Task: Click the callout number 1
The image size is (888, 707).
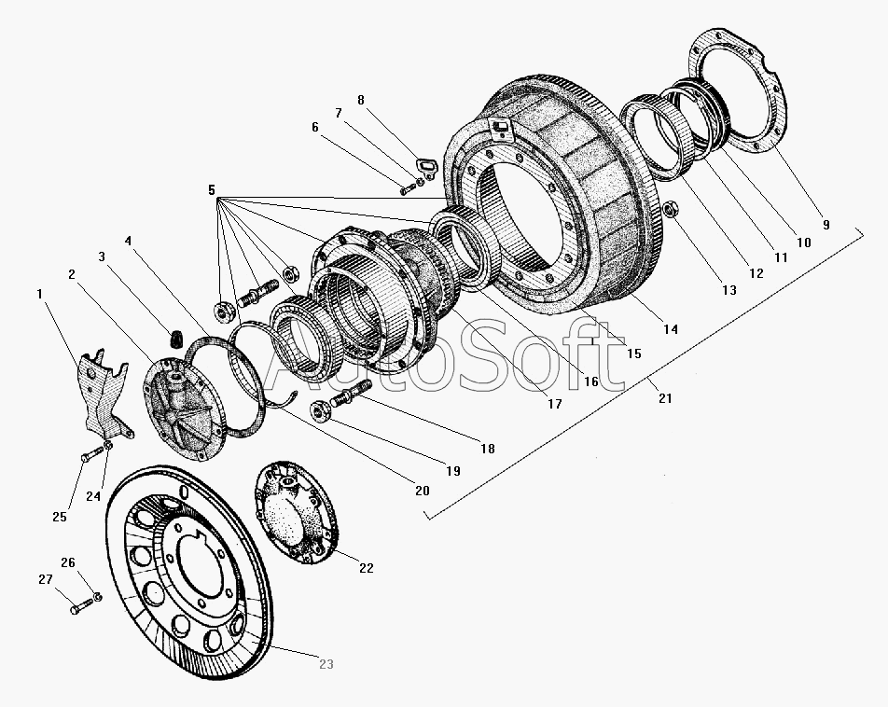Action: tap(39, 294)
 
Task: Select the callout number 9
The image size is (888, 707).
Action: tap(825, 224)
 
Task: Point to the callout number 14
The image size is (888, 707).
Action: tap(670, 328)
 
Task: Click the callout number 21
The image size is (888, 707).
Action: tap(664, 398)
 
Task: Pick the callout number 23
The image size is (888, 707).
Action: tap(325, 664)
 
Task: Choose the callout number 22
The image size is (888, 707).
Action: tap(366, 567)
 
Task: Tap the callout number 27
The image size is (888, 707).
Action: tap(46, 579)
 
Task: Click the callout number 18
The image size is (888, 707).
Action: tap(487, 449)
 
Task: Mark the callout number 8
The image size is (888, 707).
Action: tap(361, 100)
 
